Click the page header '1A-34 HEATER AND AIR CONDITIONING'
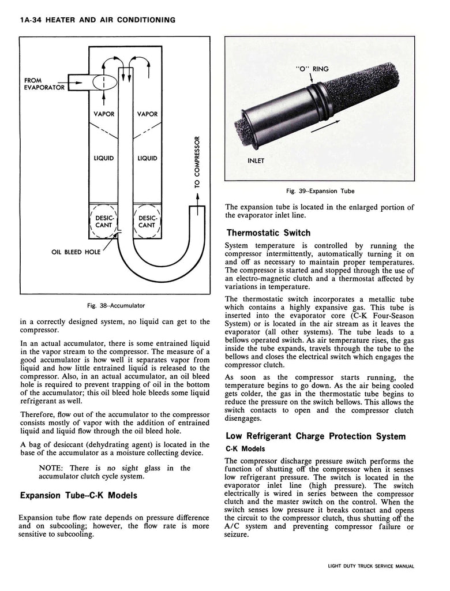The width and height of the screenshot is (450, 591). click(x=97, y=20)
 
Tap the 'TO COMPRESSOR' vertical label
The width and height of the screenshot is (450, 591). click(x=197, y=162)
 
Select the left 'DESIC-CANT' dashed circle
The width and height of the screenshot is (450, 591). click(x=104, y=221)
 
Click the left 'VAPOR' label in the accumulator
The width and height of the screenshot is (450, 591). click(x=104, y=114)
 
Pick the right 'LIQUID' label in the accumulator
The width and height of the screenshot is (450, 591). click(x=148, y=158)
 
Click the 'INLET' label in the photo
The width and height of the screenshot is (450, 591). click(x=256, y=161)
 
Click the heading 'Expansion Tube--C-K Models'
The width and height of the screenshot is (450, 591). click(x=78, y=495)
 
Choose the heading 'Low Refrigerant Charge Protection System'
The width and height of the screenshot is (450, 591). click(x=316, y=436)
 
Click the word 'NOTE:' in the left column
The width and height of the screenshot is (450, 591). click(x=51, y=468)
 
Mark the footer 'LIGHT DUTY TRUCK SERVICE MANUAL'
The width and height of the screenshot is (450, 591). click(x=367, y=567)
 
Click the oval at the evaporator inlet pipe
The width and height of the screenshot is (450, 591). click(x=104, y=83)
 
